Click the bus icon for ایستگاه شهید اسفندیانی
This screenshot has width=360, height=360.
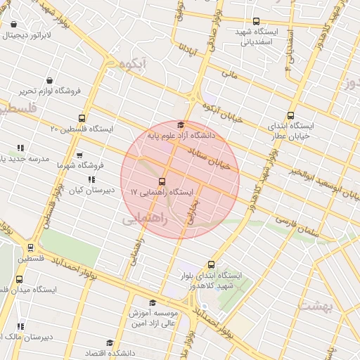coord(255,22)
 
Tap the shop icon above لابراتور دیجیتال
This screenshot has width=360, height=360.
coord(14,24)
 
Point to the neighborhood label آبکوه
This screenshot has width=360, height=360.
coord(132,64)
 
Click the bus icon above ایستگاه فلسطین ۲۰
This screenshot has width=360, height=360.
coord(83,118)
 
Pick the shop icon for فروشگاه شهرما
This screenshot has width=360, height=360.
coord(79,155)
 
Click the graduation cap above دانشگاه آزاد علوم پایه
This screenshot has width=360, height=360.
coord(181,124)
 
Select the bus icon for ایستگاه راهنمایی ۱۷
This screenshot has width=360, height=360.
coord(162,181)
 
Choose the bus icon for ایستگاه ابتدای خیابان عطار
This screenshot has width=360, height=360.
coord(291,116)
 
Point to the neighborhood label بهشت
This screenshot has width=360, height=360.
coord(316,305)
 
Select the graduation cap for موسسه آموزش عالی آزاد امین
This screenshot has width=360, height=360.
coord(152,303)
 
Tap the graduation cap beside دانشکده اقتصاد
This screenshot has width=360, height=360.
coord(109,343)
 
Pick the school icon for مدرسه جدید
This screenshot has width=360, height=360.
coord(20,148)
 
